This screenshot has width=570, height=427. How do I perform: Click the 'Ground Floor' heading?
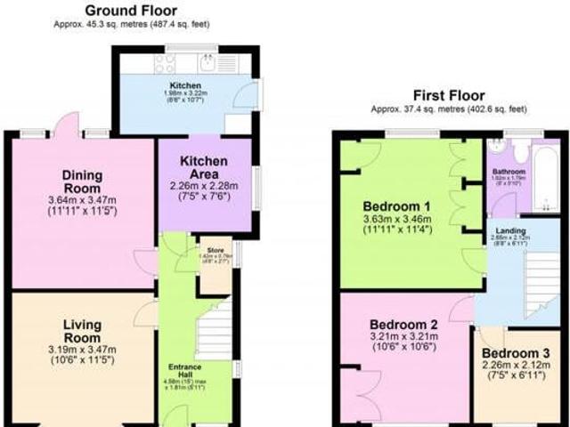[x=129, y=11]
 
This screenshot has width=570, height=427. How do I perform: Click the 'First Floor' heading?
[x=449, y=95]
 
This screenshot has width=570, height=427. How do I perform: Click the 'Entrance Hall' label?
[x=187, y=370]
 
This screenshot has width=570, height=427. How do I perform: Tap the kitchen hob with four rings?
[x=165, y=62]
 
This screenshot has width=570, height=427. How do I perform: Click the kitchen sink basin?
[x=206, y=62]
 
